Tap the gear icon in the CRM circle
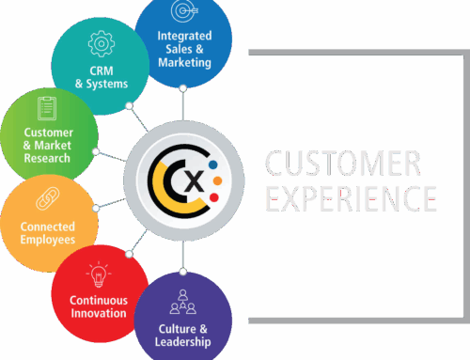(x=98, y=44)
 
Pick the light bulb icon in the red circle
(x=97, y=274)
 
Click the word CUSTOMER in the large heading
(x=342, y=164)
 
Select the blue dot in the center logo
(x=214, y=162)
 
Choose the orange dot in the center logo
(x=218, y=180)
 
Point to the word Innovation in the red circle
(x=99, y=313)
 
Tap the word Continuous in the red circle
(x=99, y=300)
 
